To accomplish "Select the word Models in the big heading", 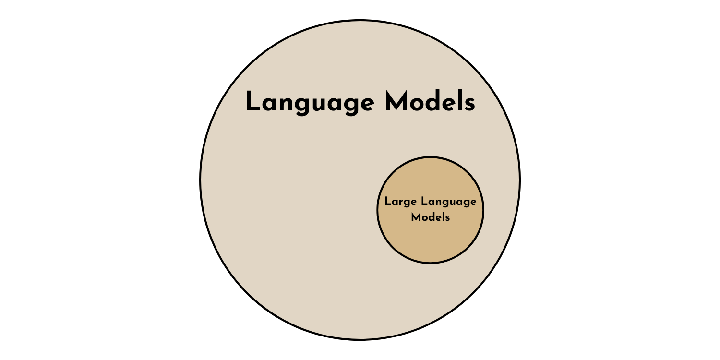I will coord(430,103).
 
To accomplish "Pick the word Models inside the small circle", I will coord(431,217).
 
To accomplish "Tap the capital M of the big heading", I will coord(396,102).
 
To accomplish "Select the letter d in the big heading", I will coord(434,102).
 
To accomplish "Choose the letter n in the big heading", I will coord(285,105).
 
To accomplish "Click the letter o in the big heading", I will coord(417,105).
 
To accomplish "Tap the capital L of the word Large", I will coord(387,202).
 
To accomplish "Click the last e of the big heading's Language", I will coord(364,105).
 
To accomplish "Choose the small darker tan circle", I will coord(430,240).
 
